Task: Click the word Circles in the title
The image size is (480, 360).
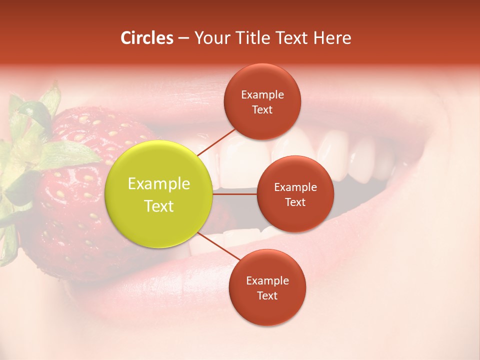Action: tap(147, 38)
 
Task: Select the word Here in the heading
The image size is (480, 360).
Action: tap(332, 38)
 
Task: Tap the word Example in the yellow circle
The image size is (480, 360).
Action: tap(159, 184)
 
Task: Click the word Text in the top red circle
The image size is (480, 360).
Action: tap(262, 109)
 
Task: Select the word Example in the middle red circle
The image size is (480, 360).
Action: tap(295, 187)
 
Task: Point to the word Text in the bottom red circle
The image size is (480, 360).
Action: tap(267, 295)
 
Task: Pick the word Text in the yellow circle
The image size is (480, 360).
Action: tap(159, 206)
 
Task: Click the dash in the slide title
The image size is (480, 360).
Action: tap(183, 38)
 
